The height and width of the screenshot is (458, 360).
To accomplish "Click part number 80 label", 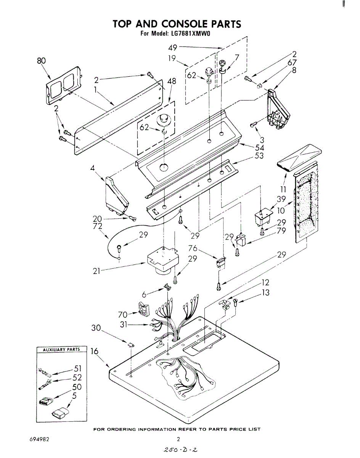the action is pos(42,61).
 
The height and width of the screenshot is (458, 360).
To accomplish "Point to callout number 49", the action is pos(173,47).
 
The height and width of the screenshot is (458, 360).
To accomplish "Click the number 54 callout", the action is pos(259,147).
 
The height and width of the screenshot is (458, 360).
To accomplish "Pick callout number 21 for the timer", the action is pos(96,271).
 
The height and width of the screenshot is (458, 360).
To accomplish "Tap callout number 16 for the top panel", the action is pos(95,351).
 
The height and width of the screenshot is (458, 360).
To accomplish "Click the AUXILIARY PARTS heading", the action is pos(61,350).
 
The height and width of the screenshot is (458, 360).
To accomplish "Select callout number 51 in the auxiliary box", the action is pos(78,368).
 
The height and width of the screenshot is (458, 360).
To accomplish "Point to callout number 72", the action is pos(97,226).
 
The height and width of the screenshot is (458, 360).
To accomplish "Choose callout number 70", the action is pos(123,314).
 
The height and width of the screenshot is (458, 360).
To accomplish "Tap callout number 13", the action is pos(265,292).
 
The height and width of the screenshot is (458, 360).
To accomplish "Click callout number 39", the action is pos(281,199).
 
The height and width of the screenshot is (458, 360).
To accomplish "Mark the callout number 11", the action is pos(283,189).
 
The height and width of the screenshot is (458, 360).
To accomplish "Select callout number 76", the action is pos(193,248).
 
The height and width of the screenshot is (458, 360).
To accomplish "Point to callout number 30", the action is pos(96,328).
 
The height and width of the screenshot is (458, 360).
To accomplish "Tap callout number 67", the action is pos(292,63).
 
